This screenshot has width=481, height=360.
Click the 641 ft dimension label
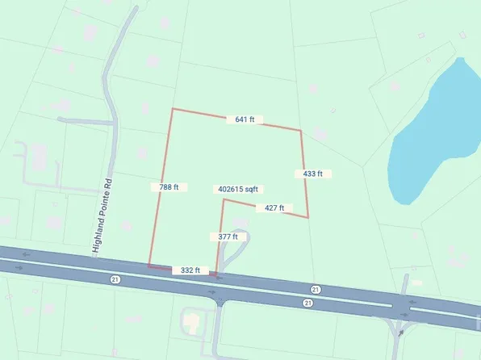pos(245,119)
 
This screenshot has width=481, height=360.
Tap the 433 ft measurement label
pos(312,174)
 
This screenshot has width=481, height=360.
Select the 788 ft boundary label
pos(169,187)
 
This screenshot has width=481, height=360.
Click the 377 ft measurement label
pos(228,237)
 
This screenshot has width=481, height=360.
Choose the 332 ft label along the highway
pos(190,270)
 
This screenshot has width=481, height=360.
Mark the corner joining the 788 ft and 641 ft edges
pos(172,108)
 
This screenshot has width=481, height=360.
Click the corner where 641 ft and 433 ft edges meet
pos(301,130)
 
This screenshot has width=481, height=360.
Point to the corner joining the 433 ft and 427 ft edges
pos(308,216)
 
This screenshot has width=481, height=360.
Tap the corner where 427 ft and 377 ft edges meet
pos(224,199)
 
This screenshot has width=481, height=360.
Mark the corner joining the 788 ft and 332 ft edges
pos(149,264)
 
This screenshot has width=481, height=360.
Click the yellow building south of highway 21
pos(192,322)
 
